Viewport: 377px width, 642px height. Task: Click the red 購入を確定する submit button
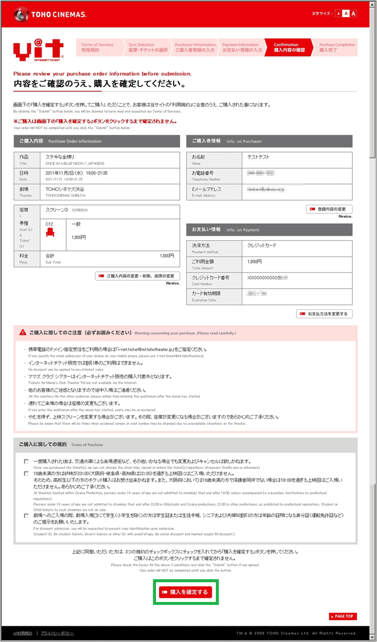tap(185, 592)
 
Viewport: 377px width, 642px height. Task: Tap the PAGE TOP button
tap(343, 616)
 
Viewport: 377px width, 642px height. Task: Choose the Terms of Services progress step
tap(98, 47)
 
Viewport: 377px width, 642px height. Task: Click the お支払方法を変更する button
tap(324, 313)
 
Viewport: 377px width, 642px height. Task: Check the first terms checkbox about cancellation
tap(26, 461)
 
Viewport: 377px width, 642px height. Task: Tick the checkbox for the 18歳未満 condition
tap(26, 473)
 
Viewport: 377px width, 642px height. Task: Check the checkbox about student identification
tap(26, 516)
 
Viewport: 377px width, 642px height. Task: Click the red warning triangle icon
tap(23, 332)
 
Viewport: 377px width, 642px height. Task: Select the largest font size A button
tap(353, 14)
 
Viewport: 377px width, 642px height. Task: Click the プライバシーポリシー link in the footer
tap(57, 633)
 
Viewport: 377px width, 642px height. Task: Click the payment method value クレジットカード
tap(262, 246)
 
